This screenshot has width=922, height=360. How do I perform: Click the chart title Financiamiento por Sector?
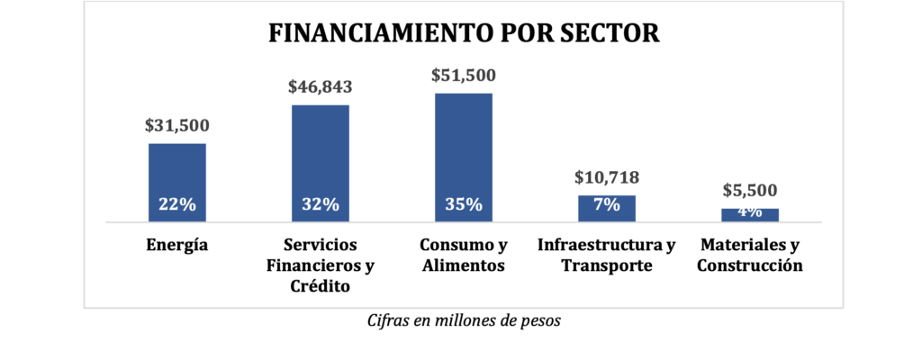(465, 34)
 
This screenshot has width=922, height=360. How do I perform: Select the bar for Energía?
(177, 171)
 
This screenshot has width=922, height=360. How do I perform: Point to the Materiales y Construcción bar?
(750, 215)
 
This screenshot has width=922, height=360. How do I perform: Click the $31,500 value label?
(176, 126)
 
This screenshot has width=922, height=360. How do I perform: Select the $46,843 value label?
(320, 87)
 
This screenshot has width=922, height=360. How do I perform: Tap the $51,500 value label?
(464, 76)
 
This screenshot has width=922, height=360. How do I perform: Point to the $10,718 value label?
(607, 178)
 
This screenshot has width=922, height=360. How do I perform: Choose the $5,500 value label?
(750, 192)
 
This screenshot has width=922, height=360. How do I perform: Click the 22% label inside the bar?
(176, 204)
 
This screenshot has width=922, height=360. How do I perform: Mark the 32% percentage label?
(320, 204)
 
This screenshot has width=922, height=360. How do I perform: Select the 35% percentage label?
(464, 204)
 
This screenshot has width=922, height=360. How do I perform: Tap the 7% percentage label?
(607, 204)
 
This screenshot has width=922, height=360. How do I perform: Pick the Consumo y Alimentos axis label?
(464, 256)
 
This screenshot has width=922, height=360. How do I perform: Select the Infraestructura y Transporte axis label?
(606, 256)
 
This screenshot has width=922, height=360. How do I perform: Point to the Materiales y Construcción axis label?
(750, 256)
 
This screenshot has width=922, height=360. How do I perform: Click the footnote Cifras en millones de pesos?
(465, 321)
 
